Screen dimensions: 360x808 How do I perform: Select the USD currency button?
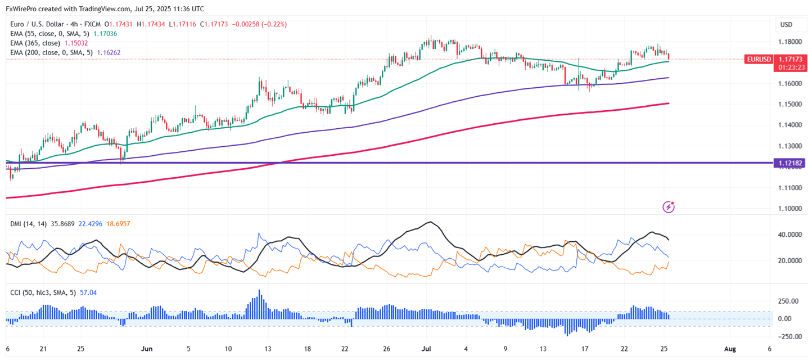pos(786,25)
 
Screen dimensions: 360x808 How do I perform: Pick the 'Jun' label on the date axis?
pos(147,349)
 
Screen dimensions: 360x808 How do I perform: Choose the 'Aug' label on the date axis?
pos(729,349)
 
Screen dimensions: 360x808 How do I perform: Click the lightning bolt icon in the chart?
pos(669,207)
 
